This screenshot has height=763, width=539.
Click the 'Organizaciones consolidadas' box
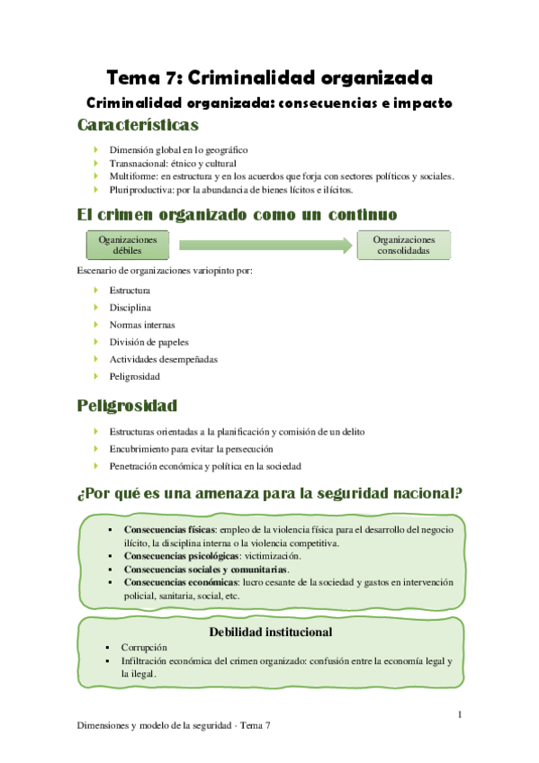pyautogui.click(x=404, y=246)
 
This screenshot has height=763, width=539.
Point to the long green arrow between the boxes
pyautogui.click(x=265, y=245)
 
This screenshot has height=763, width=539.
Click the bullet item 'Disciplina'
pyautogui.click(x=130, y=308)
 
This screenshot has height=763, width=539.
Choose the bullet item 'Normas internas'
pyautogui.click(x=142, y=325)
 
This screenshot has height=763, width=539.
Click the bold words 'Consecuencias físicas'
pyautogui.click(x=176, y=530)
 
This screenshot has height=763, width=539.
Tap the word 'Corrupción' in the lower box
pyautogui.click(x=142, y=647)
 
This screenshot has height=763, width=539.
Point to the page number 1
pyautogui.click(x=460, y=715)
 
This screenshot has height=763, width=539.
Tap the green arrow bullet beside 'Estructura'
pyautogui.click(x=97, y=291)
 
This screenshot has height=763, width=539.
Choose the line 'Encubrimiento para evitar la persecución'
pyautogui.click(x=191, y=449)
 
